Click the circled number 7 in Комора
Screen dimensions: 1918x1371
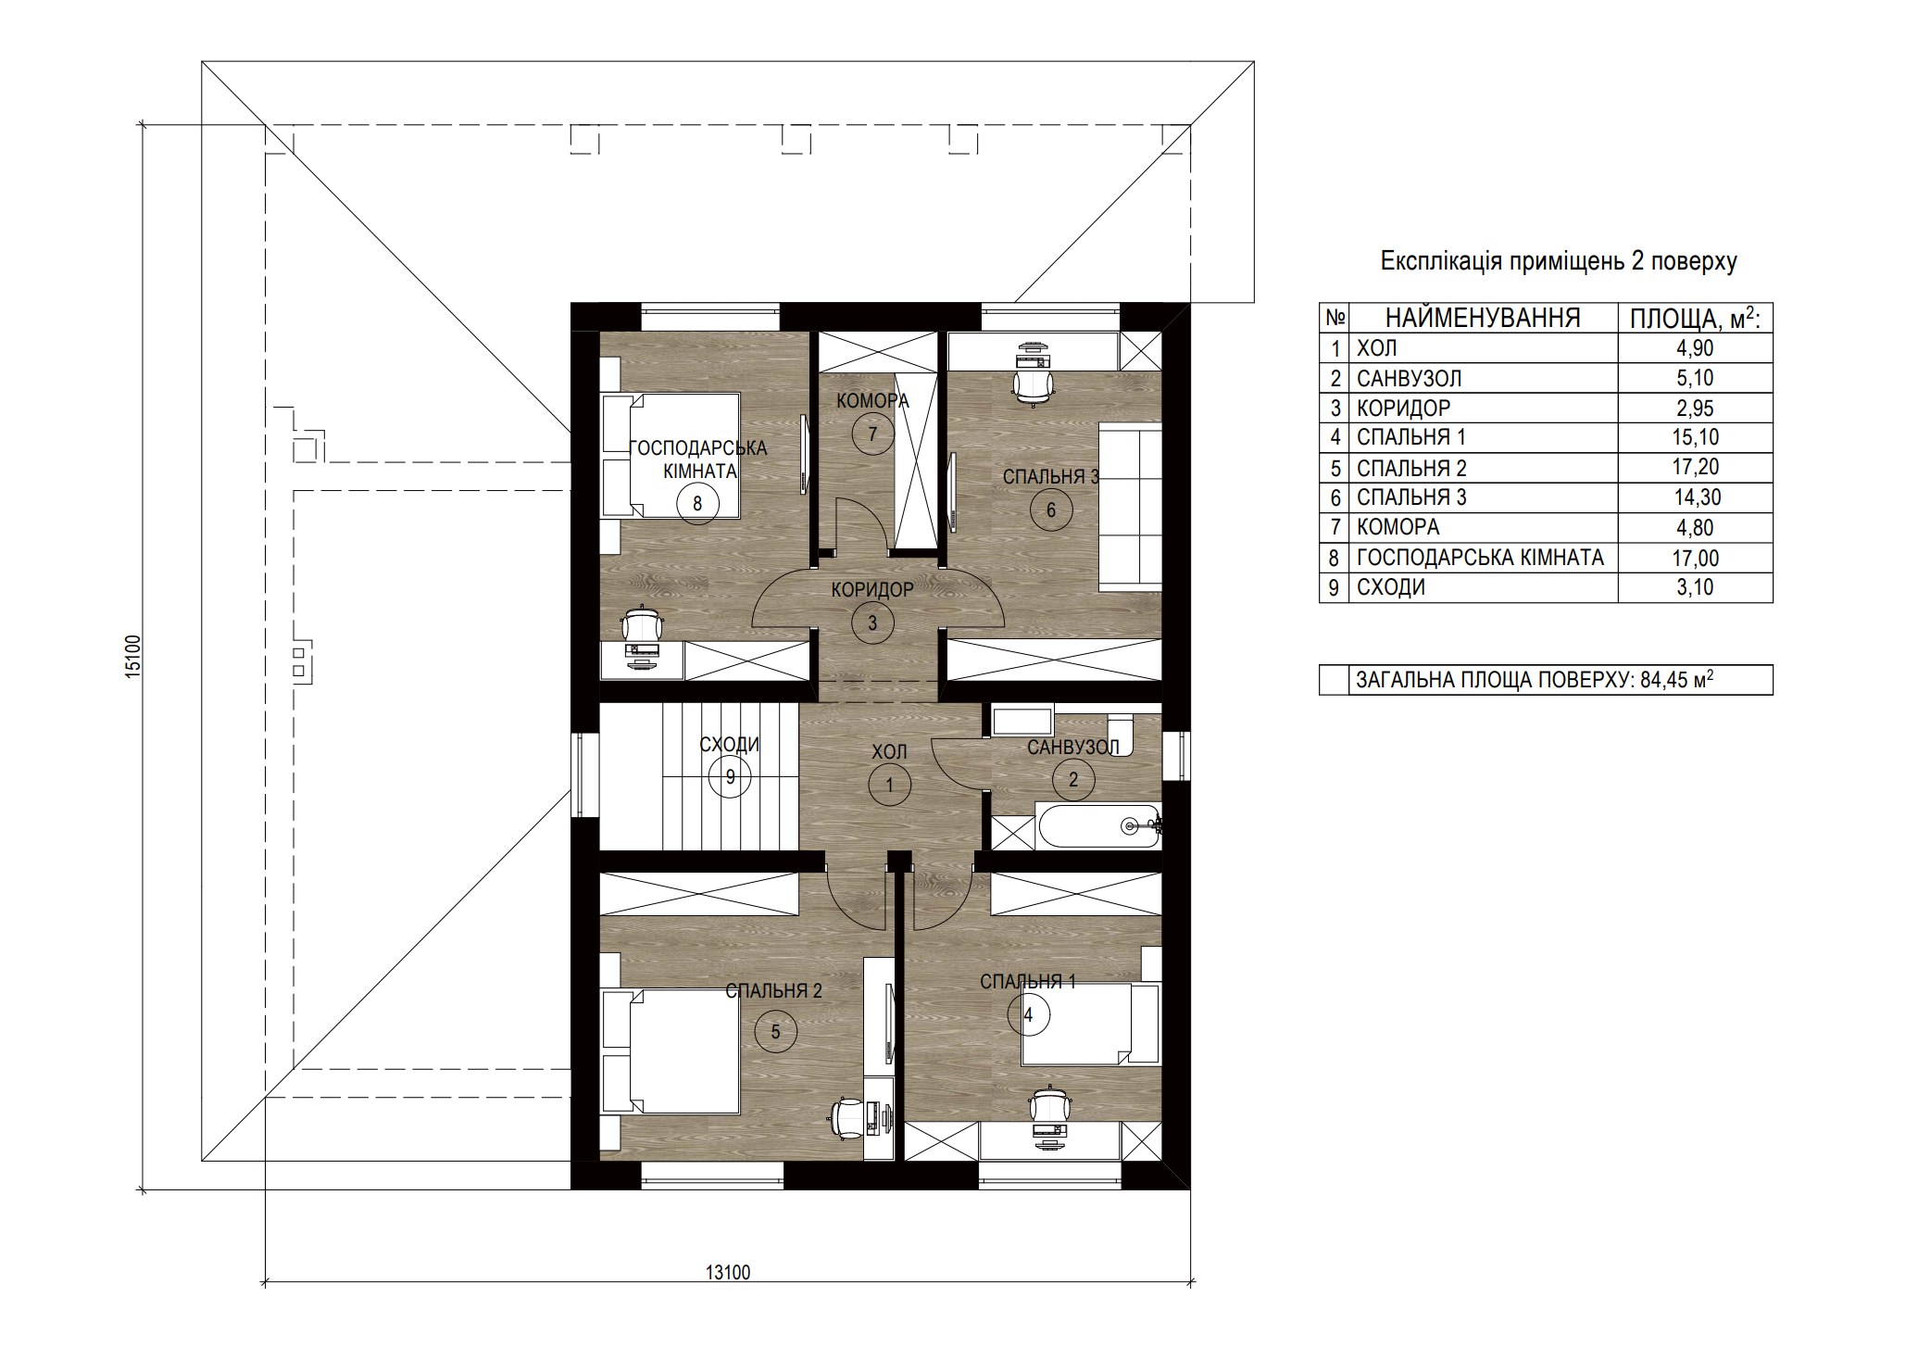[872, 434]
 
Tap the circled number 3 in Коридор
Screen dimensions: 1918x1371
[872, 623]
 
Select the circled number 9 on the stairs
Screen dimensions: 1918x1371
[730, 776]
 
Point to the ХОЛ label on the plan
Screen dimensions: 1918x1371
[889, 751]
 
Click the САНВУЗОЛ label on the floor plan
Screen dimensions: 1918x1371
[1072, 747]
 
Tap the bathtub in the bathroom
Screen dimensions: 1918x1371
[1098, 826]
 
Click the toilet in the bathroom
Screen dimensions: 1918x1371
[1120, 734]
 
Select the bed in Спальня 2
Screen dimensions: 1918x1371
[671, 1051]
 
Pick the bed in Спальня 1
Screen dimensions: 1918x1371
[1091, 1024]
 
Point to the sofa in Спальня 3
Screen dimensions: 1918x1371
[1130, 508]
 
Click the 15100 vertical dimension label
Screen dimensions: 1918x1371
[133, 656]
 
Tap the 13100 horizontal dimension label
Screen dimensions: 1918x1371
[728, 1273]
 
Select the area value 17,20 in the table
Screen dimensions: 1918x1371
[1695, 467]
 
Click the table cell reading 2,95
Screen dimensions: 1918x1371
[1695, 408]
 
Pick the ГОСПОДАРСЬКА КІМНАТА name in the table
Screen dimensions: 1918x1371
[1480, 558]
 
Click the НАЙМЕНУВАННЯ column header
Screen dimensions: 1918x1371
[1483, 318]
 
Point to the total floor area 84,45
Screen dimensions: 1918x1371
[1663, 680]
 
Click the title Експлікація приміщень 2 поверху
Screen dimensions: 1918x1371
[1559, 261]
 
